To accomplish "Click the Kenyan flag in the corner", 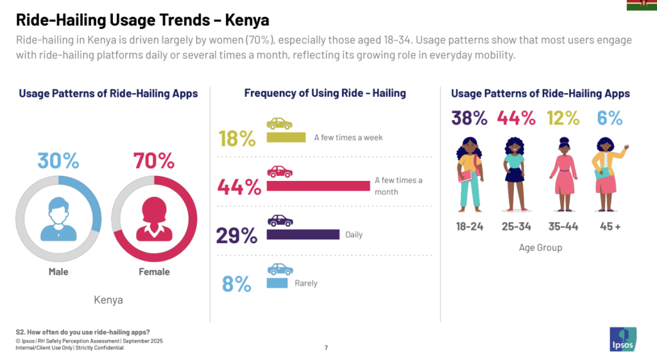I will click(x=641, y=5).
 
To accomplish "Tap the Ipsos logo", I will click(x=623, y=339).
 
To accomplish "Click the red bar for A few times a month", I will click(x=318, y=186).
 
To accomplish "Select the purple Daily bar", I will click(x=302, y=234).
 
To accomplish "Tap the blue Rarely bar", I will click(x=277, y=283).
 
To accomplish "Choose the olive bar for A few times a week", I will click(x=286, y=137).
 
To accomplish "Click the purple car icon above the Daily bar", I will click(x=280, y=221).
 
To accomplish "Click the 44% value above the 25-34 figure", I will click(x=515, y=119).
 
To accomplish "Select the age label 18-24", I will click(x=470, y=227).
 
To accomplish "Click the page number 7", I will click(x=326, y=348).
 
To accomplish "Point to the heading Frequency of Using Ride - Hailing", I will click(x=325, y=93).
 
